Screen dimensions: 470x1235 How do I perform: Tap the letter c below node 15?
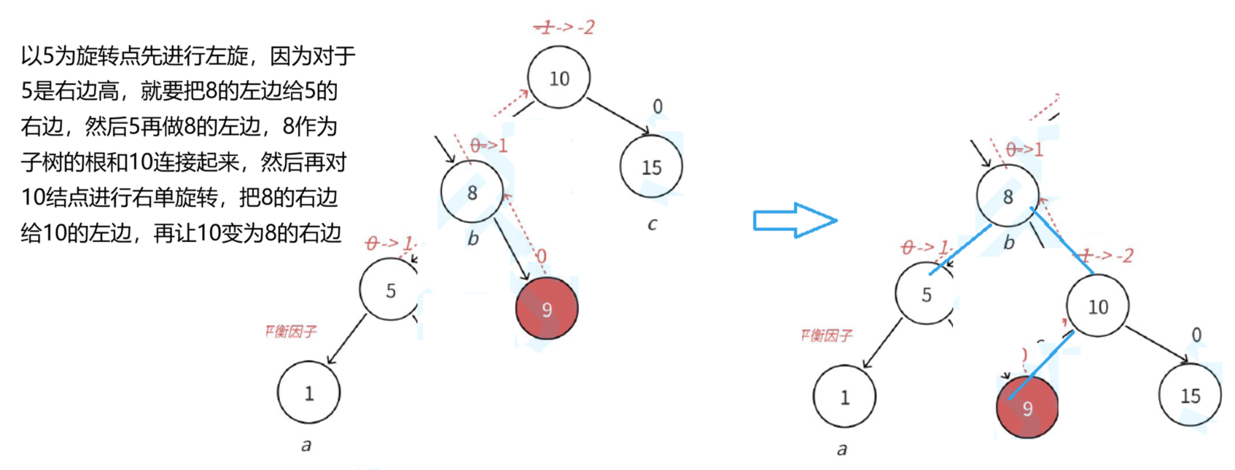coord(652,224)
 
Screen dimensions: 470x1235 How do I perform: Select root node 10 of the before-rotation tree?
coord(558,78)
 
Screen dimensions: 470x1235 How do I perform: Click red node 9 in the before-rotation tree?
coord(547,308)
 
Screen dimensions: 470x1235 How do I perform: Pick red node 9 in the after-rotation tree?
coord(1026,407)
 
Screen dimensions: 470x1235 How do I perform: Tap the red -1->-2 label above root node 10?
coord(564,28)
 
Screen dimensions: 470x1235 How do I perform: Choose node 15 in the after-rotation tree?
coord(1190,396)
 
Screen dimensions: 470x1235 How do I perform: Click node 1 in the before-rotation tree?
coord(308,393)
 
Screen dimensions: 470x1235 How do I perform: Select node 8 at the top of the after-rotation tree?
coord(1008,196)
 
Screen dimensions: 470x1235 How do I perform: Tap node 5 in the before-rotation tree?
coord(390,290)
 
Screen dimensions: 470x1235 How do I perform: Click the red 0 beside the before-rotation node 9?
coord(541,256)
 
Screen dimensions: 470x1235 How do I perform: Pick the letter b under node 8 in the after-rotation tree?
coord(1009,242)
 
